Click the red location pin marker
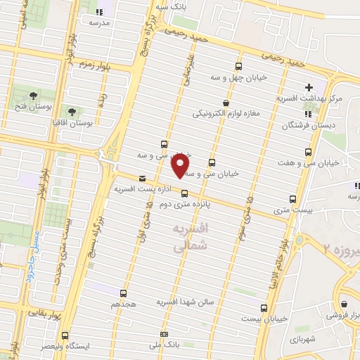point(180,165)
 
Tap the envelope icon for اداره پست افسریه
point(143,179)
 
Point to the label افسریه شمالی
point(191,238)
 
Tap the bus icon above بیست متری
point(292,199)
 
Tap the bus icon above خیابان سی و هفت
point(308,152)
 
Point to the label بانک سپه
point(172,6)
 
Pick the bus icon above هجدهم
point(124,293)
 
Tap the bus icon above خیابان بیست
point(264,308)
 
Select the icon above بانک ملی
point(165,334)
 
